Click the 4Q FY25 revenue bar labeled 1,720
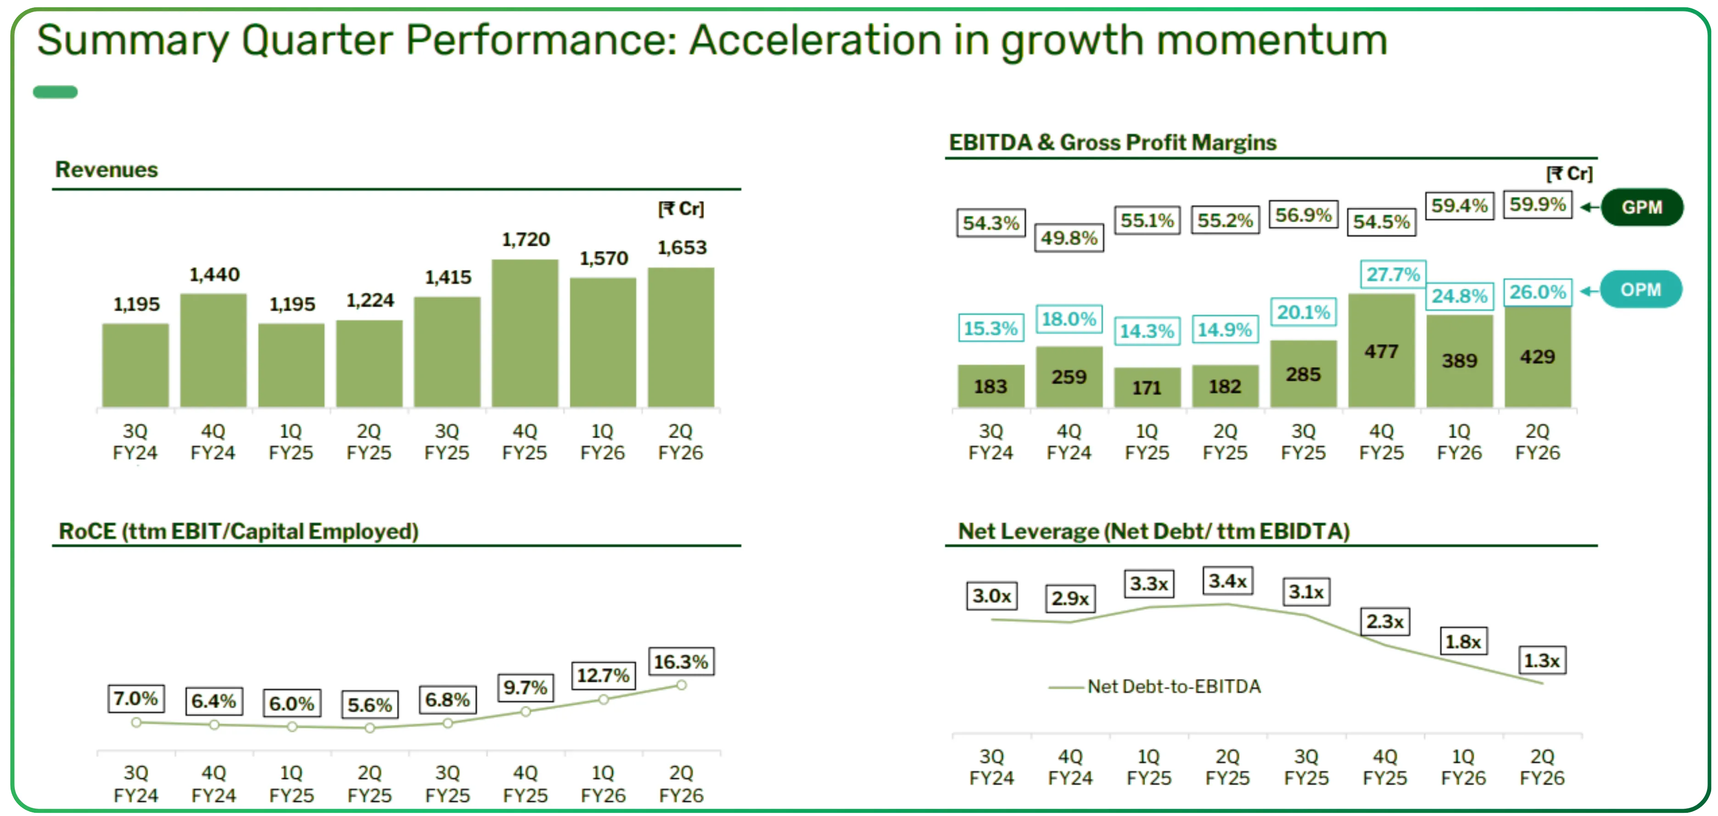[x=525, y=333]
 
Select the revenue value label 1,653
[x=682, y=248]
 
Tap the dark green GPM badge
[x=1641, y=207]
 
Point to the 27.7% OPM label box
[x=1393, y=274]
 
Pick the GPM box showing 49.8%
[x=1069, y=238]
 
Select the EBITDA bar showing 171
[x=1147, y=387]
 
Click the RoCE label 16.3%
[x=680, y=662]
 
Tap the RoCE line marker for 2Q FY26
[x=681, y=685]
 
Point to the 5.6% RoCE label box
[x=369, y=704]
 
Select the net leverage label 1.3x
[x=1541, y=661]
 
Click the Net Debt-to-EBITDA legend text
[x=1173, y=687]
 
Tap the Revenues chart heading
[x=106, y=170]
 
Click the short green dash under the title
[x=56, y=92]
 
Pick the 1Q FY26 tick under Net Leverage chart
[x=1463, y=767]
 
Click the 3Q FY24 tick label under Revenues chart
[x=135, y=442]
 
